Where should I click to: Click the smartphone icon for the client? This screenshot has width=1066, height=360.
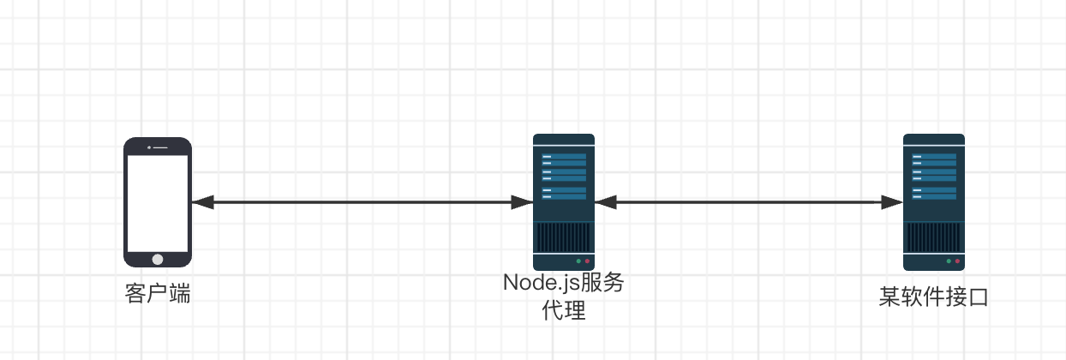pos(158,202)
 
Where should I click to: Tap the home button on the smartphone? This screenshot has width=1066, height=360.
pos(158,258)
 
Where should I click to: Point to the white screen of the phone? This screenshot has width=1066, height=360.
pos(158,202)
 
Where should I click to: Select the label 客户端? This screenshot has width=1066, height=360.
pos(158,296)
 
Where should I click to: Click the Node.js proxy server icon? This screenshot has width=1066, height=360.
pos(563,202)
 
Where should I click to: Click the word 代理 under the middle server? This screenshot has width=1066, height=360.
pos(564,310)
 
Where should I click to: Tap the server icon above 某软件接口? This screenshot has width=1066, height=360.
pos(934,202)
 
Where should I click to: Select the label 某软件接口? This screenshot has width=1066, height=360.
pos(934,297)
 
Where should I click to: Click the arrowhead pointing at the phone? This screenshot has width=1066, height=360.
pos(202,202)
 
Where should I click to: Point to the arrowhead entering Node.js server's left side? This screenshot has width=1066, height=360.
pos(522,202)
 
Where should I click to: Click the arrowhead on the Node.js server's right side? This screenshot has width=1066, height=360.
pos(606,202)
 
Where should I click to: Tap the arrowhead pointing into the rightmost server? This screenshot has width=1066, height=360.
pos(892,202)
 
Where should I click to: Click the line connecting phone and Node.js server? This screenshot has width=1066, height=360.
pos(360,202)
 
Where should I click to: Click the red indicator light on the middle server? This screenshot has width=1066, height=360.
pos(587,261)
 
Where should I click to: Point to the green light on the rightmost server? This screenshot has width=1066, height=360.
pos(949,261)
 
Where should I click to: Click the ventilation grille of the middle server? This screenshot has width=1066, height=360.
pos(563,236)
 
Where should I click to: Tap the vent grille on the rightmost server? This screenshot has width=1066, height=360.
pos(934,236)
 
